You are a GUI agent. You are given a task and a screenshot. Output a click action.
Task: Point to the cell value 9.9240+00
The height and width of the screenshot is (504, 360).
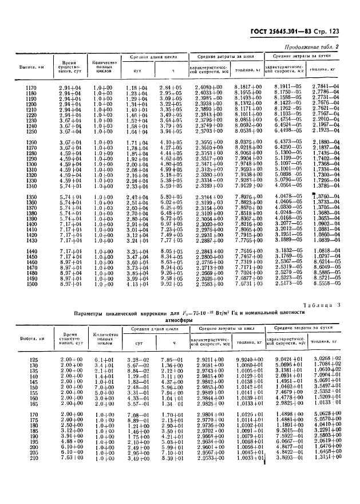pyautogui.click(x=247, y=359)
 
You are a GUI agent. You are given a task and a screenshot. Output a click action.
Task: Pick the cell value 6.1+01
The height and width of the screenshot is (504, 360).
pyautogui.click(x=105, y=359)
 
